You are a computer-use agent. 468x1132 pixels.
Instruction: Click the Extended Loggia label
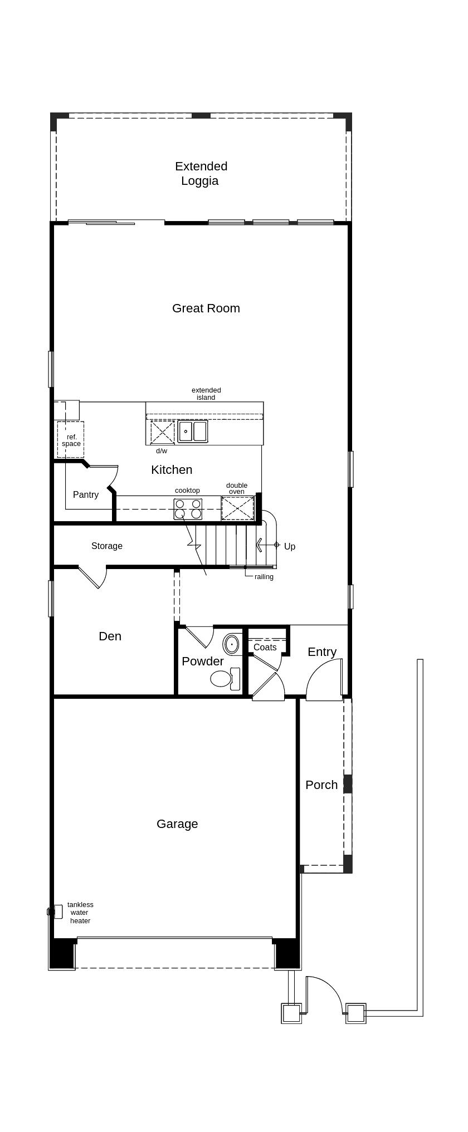(x=201, y=173)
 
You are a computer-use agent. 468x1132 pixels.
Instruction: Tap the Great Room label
(x=206, y=308)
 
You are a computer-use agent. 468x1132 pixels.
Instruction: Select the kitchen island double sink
(x=193, y=432)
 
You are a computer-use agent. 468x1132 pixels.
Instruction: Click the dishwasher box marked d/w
(x=163, y=432)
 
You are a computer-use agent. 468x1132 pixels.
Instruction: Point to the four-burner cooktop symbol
(x=188, y=509)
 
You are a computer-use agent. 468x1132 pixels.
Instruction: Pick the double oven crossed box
(x=238, y=508)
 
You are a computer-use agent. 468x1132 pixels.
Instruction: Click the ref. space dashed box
(x=71, y=439)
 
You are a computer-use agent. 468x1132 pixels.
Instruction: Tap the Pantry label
(x=86, y=494)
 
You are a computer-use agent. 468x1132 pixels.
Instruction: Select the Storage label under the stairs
(x=107, y=546)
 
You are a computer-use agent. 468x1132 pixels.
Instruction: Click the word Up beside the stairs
(x=290, y=546)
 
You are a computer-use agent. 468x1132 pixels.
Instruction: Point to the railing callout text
(x=264, y=577)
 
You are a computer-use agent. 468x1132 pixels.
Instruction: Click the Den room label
(x=110, y=636)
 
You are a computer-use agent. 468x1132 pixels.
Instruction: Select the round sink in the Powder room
(x=232, y=644)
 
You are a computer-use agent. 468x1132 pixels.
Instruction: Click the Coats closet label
(x=265, y=647)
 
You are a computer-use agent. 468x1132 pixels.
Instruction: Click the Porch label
(x=321, y=785)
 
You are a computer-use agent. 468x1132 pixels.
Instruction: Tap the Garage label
(x=177, y=824)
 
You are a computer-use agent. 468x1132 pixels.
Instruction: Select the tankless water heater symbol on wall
(x=55, y=912)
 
